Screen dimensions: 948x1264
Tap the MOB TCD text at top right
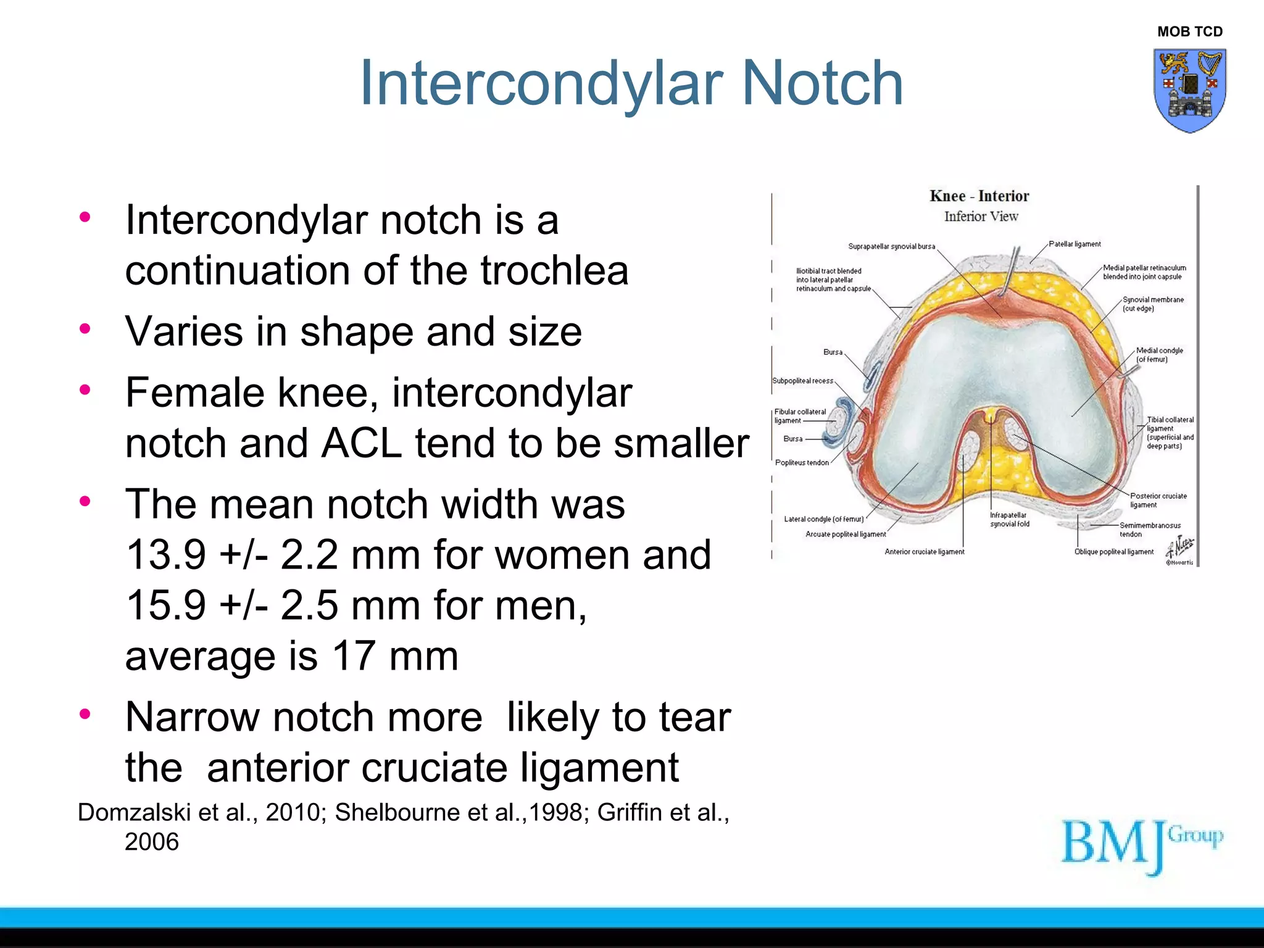click(x=1189, y=31)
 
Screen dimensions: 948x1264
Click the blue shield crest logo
click(x=1189, y=90)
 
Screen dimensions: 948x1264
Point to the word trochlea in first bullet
click(x=554, y=272)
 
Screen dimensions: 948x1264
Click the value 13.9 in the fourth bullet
click(x=165, y=555)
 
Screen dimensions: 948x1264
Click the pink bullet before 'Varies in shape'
click(x=85, y=328)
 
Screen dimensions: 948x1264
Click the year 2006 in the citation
click(x=152, y=842)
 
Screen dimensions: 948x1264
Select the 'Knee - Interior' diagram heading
click(x=979, y=196)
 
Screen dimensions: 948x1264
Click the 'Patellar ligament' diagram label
click(x=1075, y=244)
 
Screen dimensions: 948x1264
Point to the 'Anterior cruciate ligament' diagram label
click(x=924, y=552)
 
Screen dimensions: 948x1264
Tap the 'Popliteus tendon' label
click(x=802, y=463)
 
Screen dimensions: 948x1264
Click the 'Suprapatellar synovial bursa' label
click(x=891, y=246)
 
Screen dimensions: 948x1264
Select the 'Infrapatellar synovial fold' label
click(x=1009, y=520)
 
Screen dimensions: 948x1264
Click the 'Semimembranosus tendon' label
click(x=1149, y=530)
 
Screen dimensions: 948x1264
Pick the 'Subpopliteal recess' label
click(x=802, y=381)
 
